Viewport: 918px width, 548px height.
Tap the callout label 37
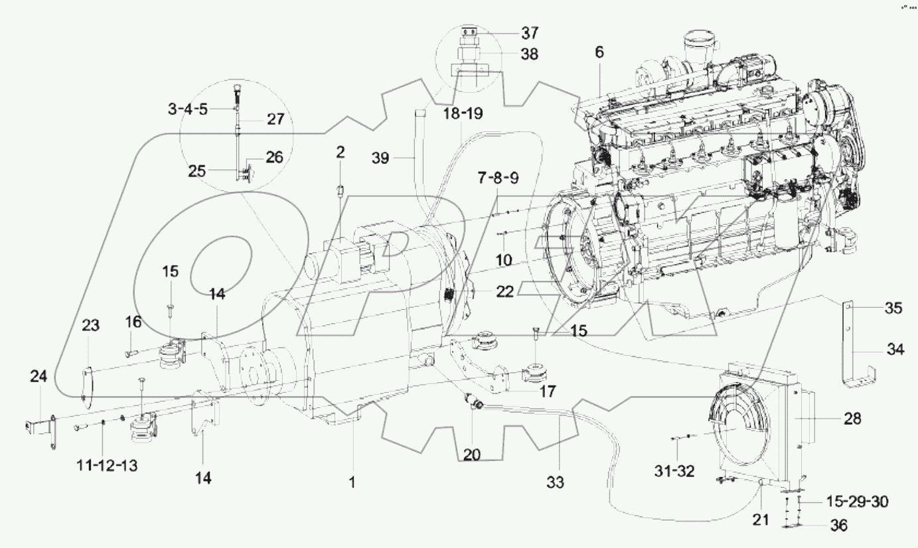(x=530, y=33)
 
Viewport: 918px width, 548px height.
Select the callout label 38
(x=530, y=54)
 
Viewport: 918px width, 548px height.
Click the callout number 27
(x=275, y=119)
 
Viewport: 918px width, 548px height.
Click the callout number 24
(x=38, y=377)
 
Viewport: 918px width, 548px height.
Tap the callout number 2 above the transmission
(x=340, y=152)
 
